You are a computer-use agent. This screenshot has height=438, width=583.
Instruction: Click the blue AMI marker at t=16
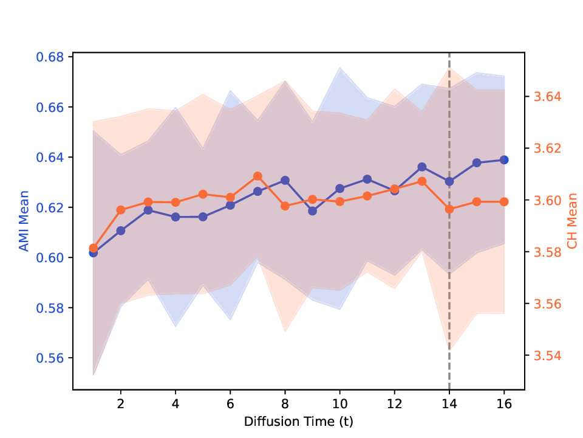tap(504, 160)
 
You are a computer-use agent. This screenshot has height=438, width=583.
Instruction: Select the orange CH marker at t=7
tap(257, 176)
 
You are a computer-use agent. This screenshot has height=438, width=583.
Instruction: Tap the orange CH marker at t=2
tap(120, 210)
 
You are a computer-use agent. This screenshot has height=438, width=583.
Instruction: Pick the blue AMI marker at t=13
tap(422, 167)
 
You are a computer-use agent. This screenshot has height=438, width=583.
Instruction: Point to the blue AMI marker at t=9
tap(312, 211)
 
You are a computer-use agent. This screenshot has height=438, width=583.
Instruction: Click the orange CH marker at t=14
tap(449, 209)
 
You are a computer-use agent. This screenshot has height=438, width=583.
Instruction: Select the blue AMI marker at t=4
tap(176, 217)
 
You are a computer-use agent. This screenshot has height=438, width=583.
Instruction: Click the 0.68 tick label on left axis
tap(51, 57)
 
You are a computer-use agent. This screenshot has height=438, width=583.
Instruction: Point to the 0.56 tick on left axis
tap(51, 358)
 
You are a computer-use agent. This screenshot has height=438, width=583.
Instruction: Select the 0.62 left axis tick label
tap(51, 207)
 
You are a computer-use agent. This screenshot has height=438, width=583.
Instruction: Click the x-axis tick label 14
tap(449, 404)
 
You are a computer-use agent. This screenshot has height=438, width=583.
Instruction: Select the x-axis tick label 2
tap(120, 404)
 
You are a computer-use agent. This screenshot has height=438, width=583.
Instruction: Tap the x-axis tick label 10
tap(339, 404)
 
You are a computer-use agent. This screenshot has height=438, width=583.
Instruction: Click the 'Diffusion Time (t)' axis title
tap(298, 421)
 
